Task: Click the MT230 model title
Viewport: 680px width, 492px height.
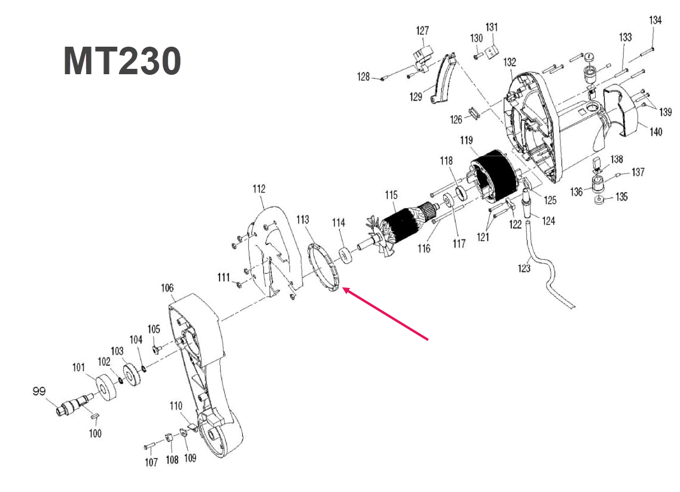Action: coord(122,61)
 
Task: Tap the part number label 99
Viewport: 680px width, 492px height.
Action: coord(39,391)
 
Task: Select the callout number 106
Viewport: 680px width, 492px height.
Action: coord(167,288)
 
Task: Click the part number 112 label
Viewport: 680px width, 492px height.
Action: coord(258,190)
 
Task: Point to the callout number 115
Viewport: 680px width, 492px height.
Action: coord(391,195)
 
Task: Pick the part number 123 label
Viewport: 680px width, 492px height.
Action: coord(524,268)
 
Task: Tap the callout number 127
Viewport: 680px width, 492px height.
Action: coord(423,31)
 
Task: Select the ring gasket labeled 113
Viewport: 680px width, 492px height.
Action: coord(324,267)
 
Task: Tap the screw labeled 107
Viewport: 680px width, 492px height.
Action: coord(150,445)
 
